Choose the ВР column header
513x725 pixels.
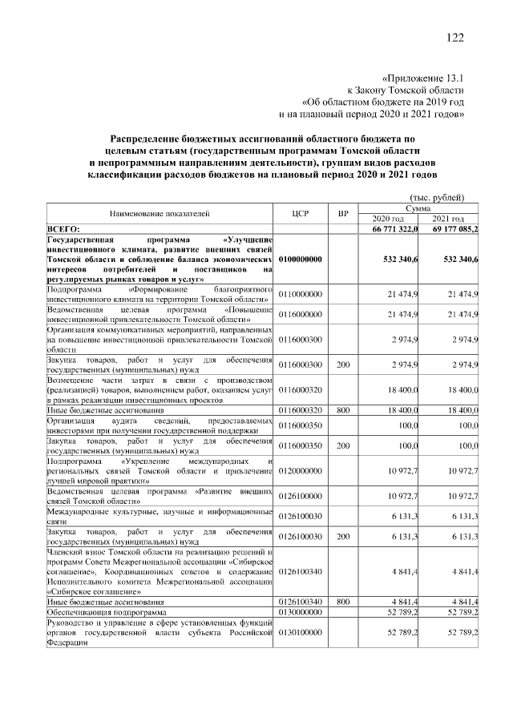click(343, 214)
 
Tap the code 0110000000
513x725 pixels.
click(301, 295)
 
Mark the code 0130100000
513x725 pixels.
click(301, 632)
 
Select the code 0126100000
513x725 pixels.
click(301, 497)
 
